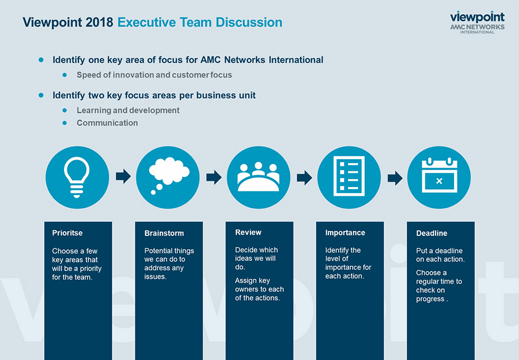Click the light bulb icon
point(77,177)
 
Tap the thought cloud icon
point(169,174)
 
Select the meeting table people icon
point(258,177)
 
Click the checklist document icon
point(349,176)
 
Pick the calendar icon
point(439,175)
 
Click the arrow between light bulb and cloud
point(123,176)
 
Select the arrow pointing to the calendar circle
point(395,178)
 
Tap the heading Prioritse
point(67,233)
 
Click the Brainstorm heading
point(164,233)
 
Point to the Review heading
point(248,232)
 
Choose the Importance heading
point(345,232)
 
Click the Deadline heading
point(432,233)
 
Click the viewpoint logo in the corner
point(477,22)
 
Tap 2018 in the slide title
point(99,22)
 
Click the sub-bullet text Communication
point(107,123)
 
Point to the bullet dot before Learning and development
point(64,110)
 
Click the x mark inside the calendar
point(439,181)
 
